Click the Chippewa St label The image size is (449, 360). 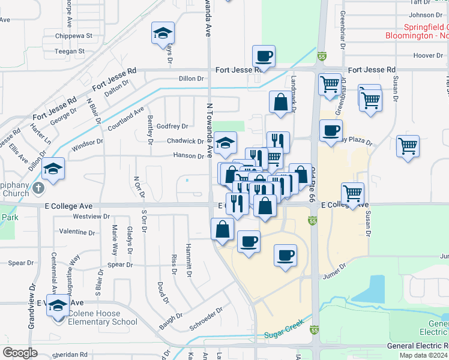[x=74, y=36]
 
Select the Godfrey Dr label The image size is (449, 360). [x=172, y=127]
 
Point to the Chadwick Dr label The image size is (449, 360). [x=185, y=142]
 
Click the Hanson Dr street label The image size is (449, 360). [x=188, y=156]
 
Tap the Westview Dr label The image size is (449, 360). [x=91, y=216]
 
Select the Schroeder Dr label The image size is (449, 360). [x=206, y=311]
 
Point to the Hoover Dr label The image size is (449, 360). [x=427, y=56]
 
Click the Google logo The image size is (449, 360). [x=20, y=353]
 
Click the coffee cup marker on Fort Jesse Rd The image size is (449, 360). [x=264, y=57]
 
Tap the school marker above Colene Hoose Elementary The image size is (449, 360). [x=58, y=305]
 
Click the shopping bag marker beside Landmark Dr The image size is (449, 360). [x=280, y=102]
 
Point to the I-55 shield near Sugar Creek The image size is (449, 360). [x=315, y=330]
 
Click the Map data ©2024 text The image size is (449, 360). [x=423, y=355]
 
